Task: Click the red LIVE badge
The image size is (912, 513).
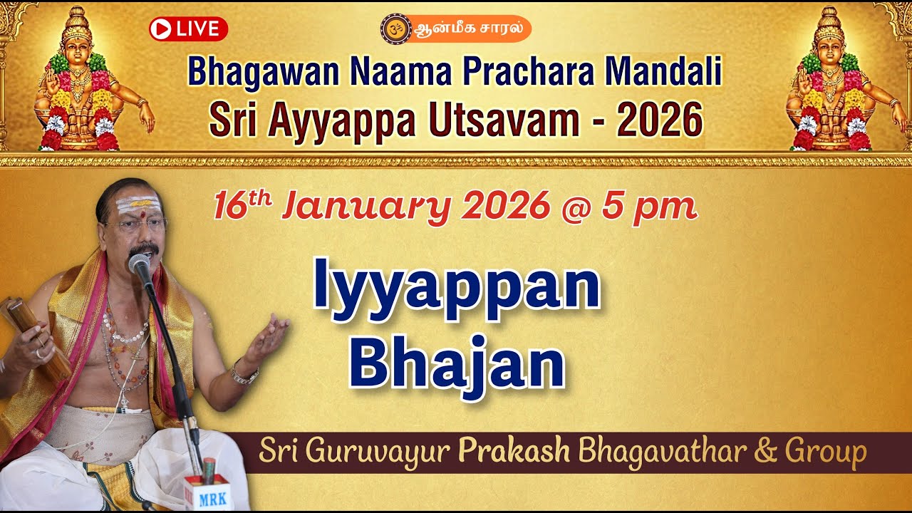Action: point(188,29)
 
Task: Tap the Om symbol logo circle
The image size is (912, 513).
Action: point(392,29)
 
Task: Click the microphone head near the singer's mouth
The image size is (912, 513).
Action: point(140,266)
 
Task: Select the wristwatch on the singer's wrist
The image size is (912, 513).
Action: point(242,374)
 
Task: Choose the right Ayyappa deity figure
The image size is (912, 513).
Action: point(829,82)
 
